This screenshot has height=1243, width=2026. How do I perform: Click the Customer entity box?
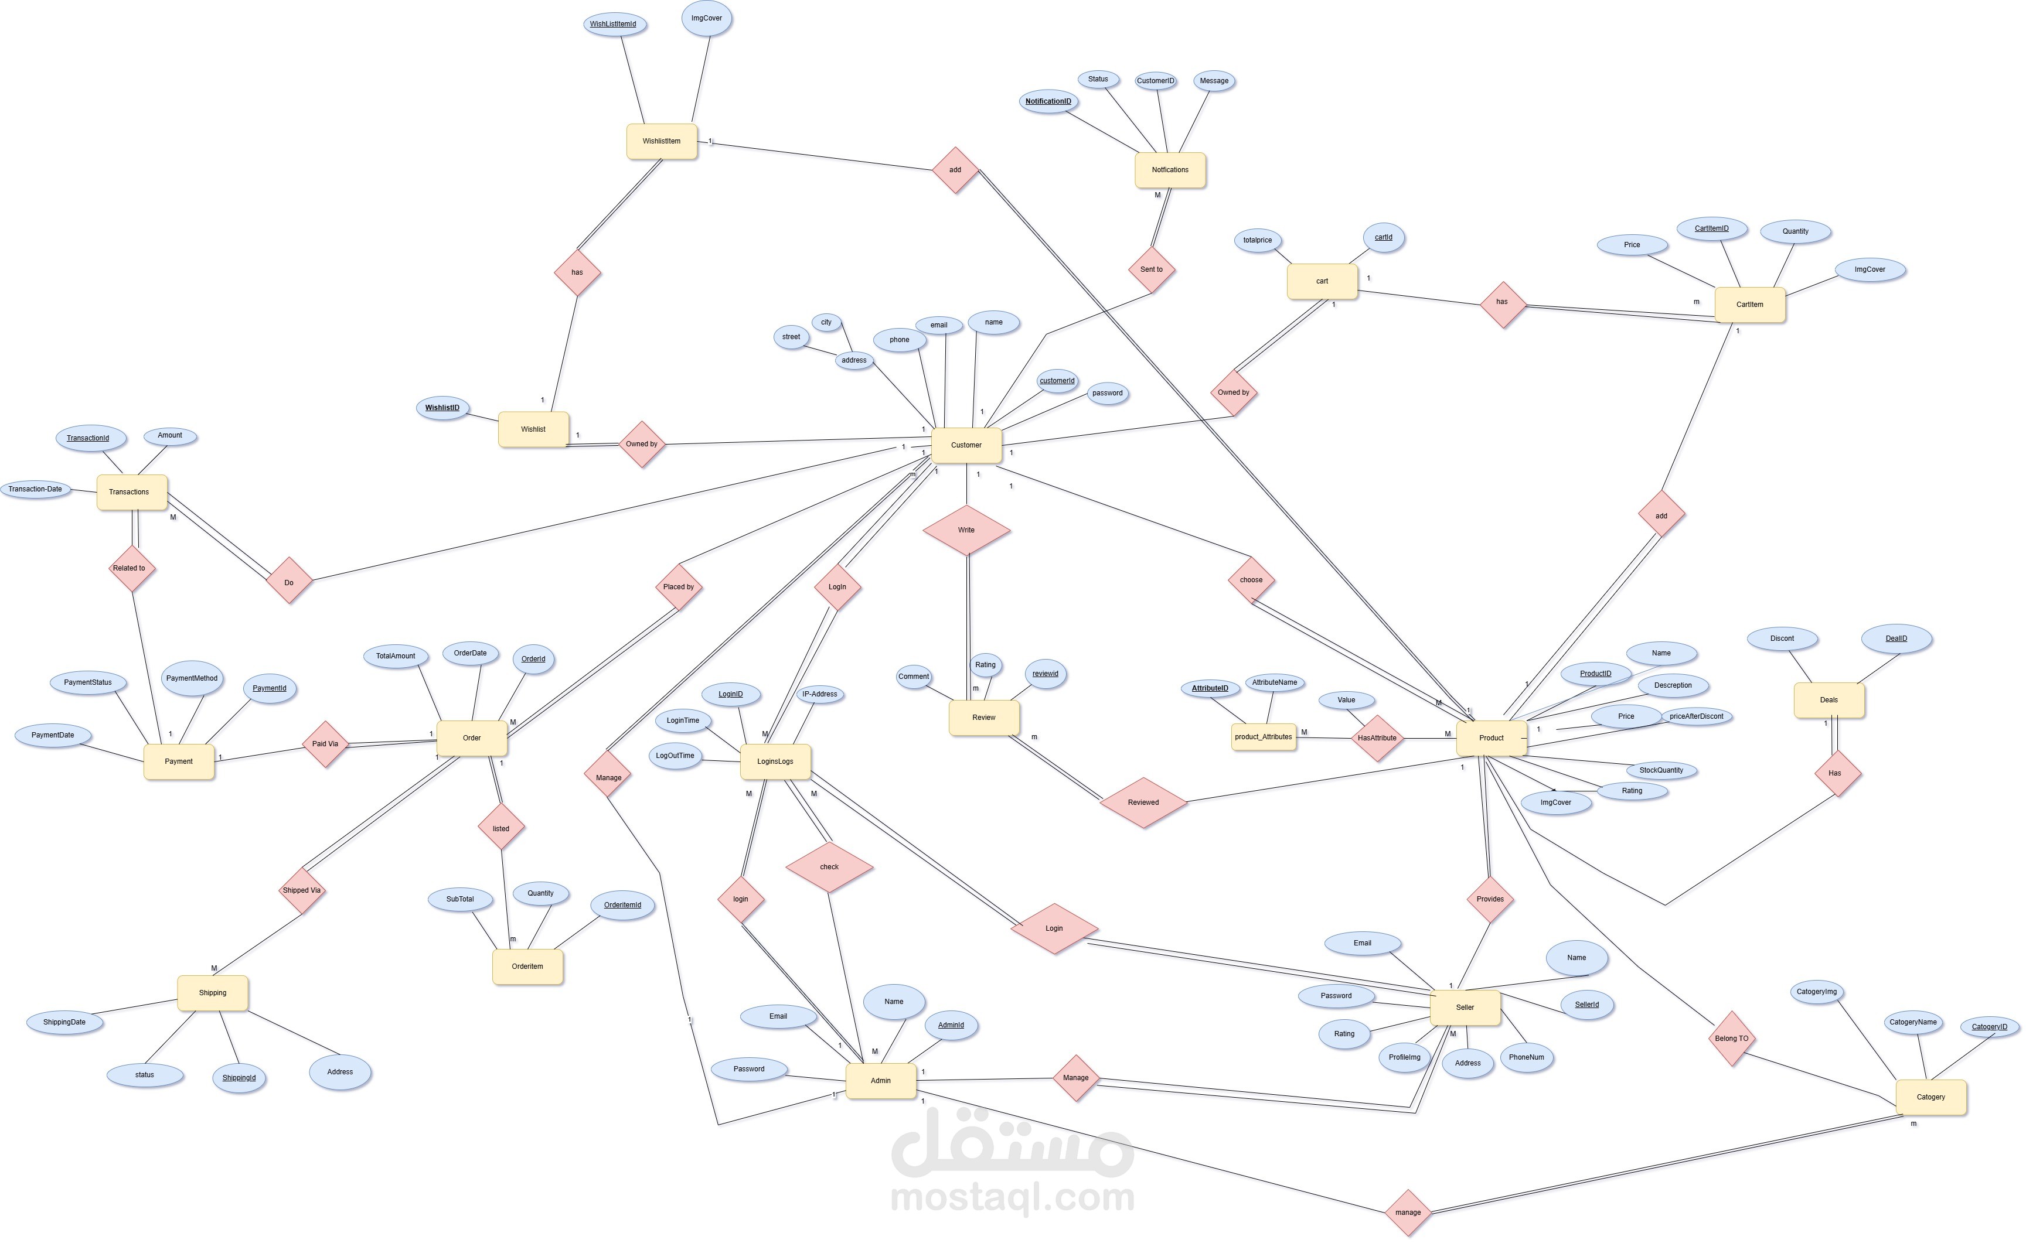pyautogui.click(x=966, y=445)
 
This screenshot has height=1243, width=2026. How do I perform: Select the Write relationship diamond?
pyautogui.click(x=966, y=530)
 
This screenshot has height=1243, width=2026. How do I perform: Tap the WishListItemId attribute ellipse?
pyautogui.click(x=612, y=24)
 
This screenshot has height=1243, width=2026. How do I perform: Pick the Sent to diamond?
pyautogui.click(x=1151, y=269)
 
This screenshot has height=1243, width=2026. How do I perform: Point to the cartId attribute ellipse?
pyautogui.click(x=1383, y=238)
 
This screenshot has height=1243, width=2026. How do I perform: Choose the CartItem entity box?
pyautogui.click(x=1749, y=304)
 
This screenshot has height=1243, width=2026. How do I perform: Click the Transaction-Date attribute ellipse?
pyautogui.click(x=35, y=489)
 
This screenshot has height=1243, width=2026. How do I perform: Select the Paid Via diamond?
pyautogui.click(x=325, y=744)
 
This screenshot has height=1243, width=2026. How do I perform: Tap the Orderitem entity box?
pyautogui.click(x=527, y=967)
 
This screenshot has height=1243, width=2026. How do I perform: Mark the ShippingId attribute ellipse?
pyautogui.click(x=239, y=1078)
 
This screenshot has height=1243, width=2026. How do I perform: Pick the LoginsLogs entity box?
pyautogui.click(x=775, y=761)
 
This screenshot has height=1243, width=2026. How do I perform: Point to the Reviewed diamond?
pyautogui.click(x=1143, y=803)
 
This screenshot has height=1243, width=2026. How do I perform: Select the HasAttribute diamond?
pyautogui.click(x=1377, y=738)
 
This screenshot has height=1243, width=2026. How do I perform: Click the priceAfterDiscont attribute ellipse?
pyautogui.click(x=1696, y=716)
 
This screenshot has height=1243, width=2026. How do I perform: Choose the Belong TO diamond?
pyautogui.click(x=1731, y=1039)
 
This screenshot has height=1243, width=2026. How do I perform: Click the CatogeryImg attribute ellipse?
pyautogui.click(x=1816, y=992)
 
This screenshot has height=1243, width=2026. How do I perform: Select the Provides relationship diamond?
pyautogui.click(x=1489, y=899)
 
